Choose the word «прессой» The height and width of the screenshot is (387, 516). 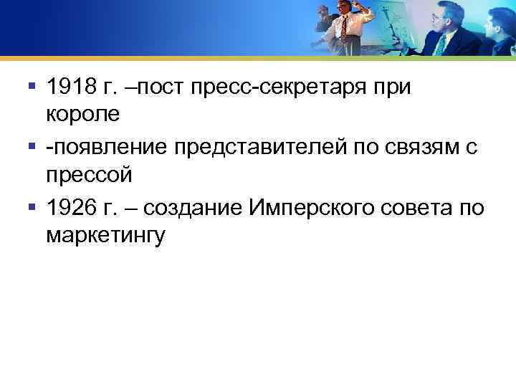pyautogui.click(x=87, y=174)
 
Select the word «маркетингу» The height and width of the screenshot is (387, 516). pyautogui.click(x=105, y=234)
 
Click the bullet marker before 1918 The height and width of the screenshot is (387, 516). pyautogui.click(x=31, y=87)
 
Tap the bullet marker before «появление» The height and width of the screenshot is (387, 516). pyautogui.click(x=31, y=147)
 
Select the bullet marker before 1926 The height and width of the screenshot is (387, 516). pyautogui.click(x=31, y=207)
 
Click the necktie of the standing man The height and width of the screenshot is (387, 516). pyautogui.click(x=345, y=28)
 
